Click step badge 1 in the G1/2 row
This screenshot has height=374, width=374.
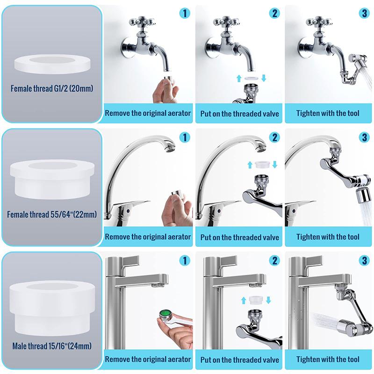coord(186,13)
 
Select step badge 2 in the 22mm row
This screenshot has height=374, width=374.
coord(274,137)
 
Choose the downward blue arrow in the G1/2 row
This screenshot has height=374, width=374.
coord(263,78)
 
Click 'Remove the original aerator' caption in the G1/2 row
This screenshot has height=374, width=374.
coord(148,113)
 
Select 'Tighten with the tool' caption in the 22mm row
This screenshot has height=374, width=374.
coord(328,237)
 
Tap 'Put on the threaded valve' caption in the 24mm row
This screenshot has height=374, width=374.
coord(239,359)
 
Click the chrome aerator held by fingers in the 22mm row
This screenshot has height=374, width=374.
coord(176,196)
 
